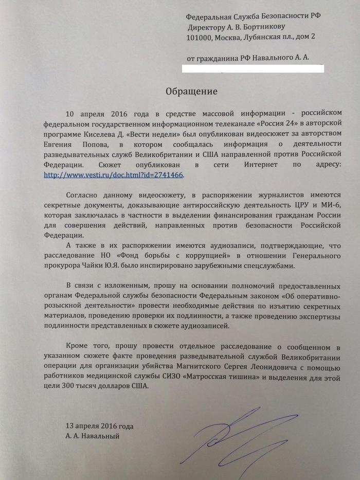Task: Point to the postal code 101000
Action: (x=201, y=37)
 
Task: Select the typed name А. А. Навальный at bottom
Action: (x=93, y=436)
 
